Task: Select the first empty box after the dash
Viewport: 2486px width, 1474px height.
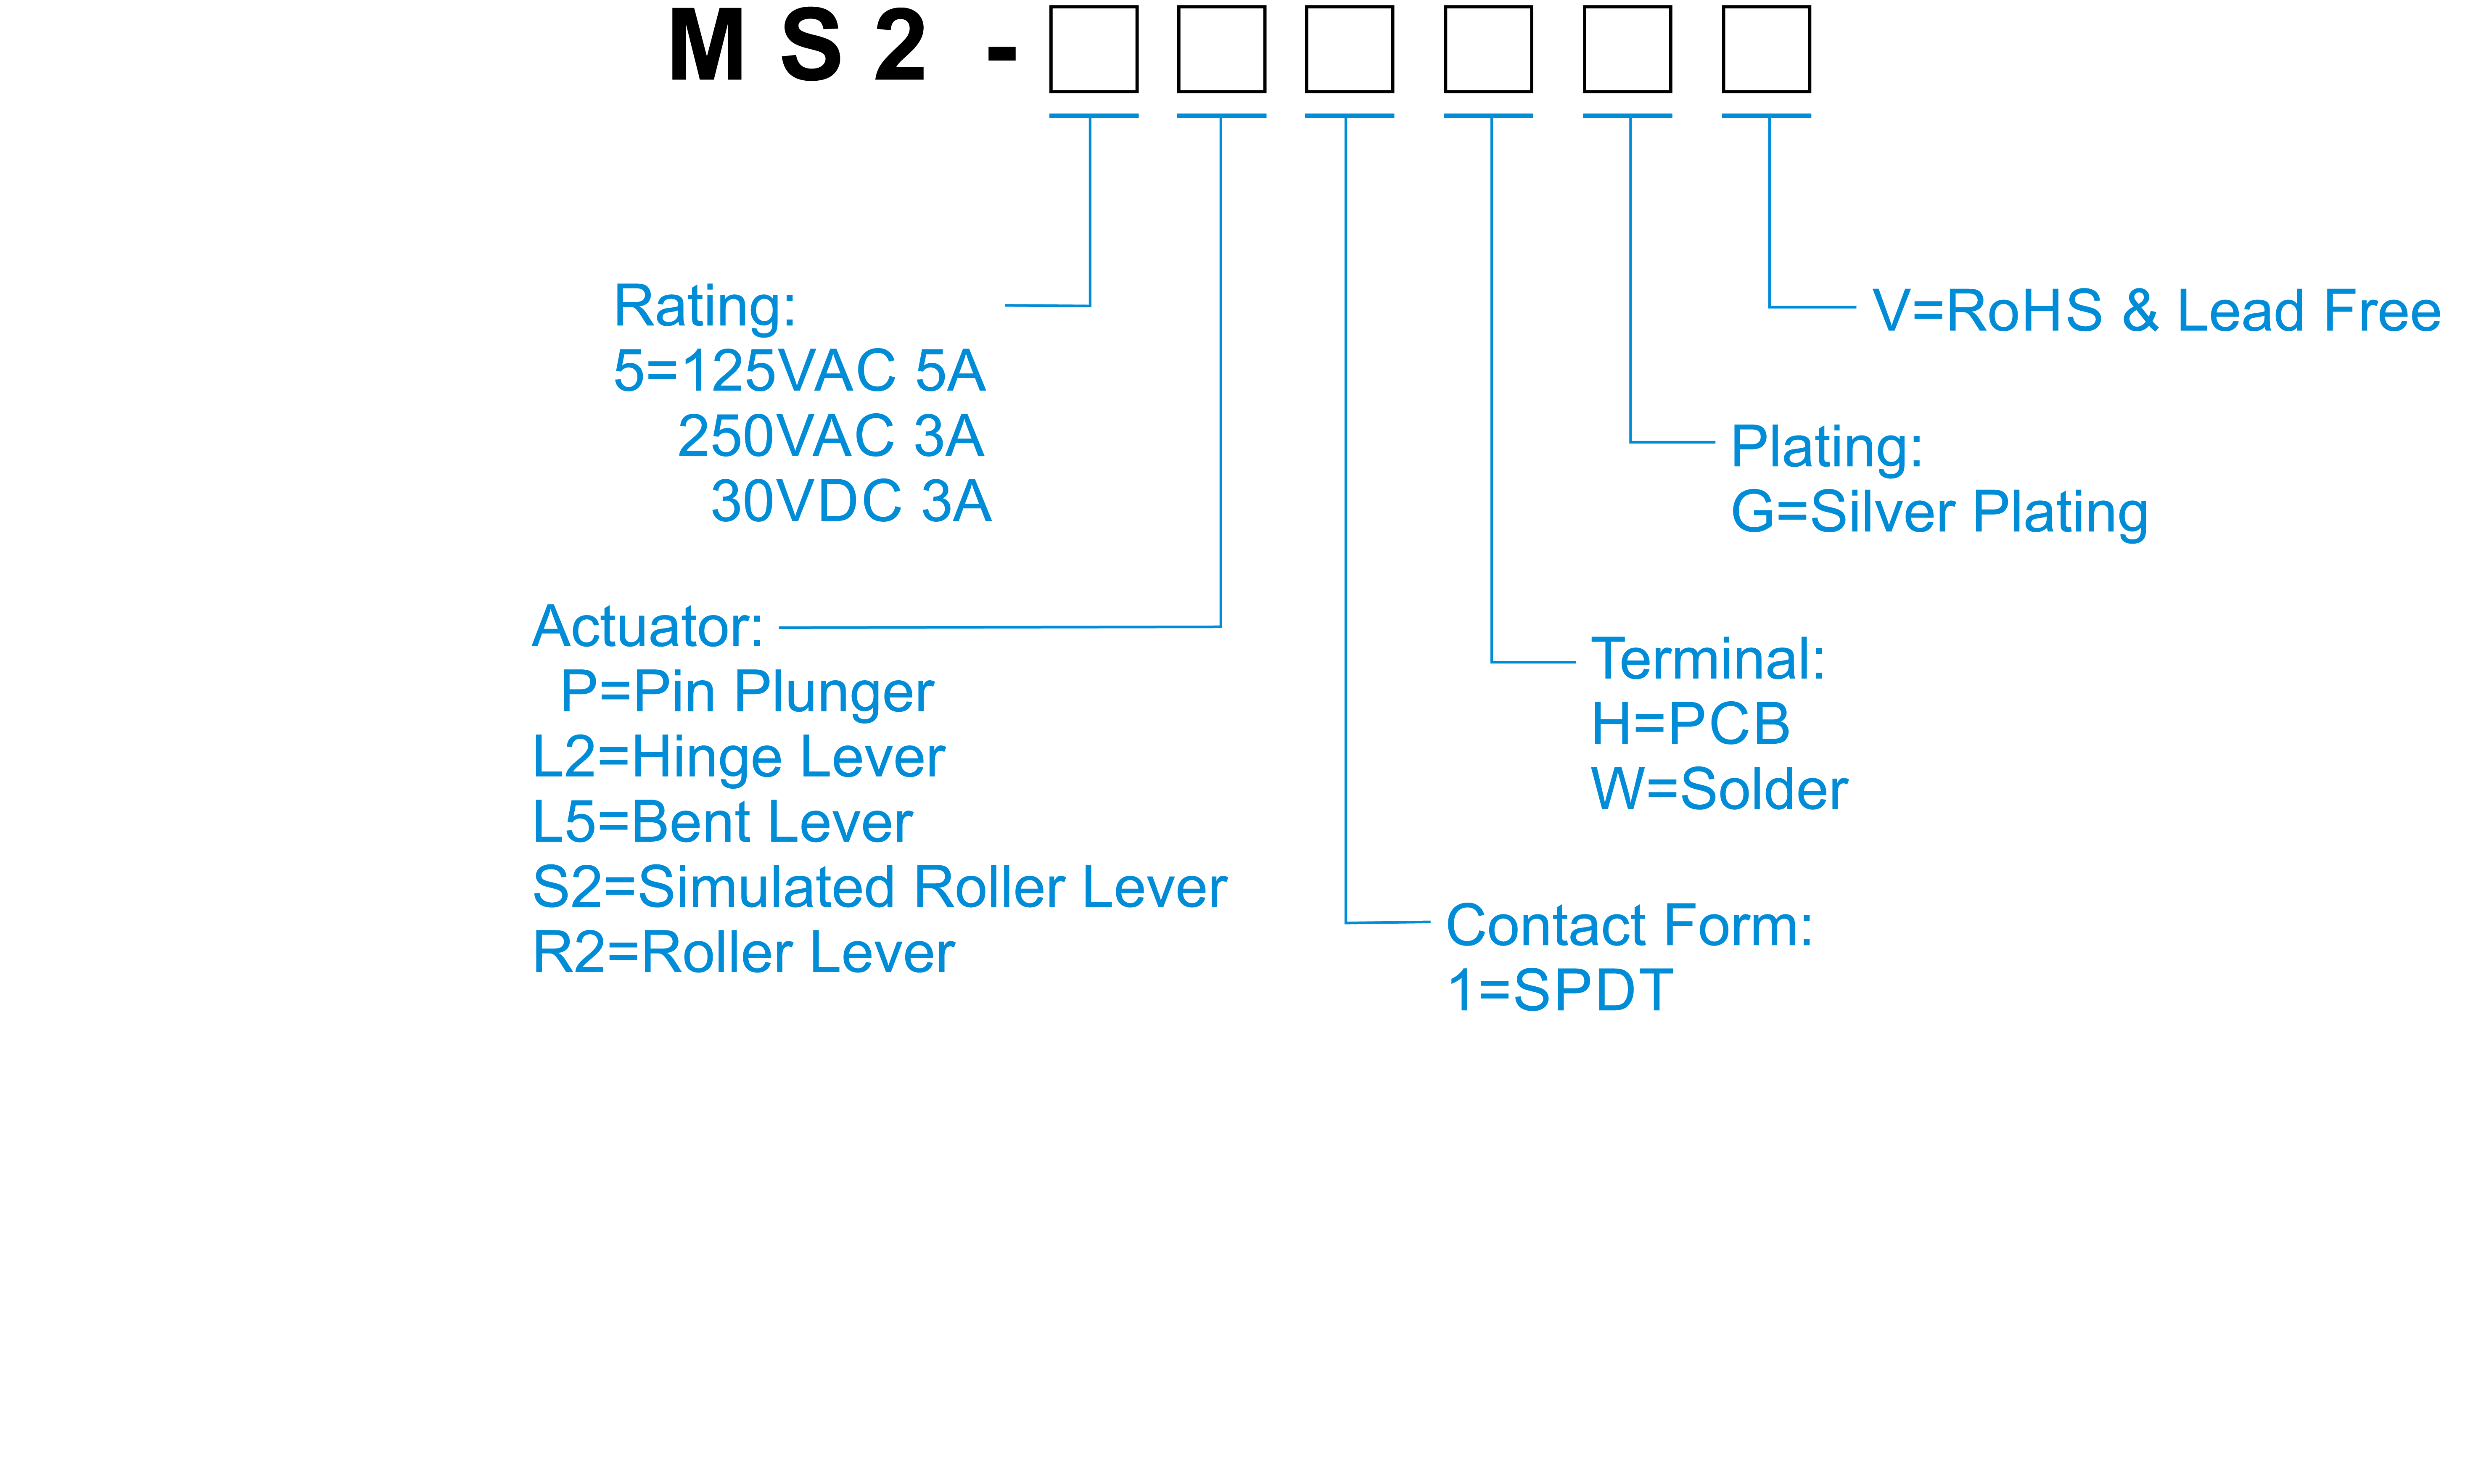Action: click(1094, 49)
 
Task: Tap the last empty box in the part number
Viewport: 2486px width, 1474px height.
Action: click(1766, 49)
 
